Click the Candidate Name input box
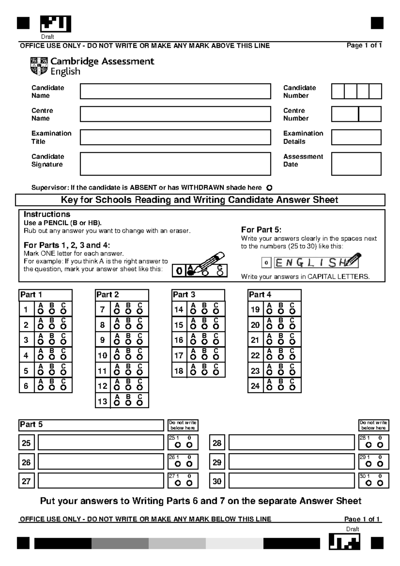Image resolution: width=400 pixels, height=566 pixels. coord(175,91)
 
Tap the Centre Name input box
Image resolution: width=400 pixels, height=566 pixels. coord(175,114)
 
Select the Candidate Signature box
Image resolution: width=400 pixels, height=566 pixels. coord(175,164)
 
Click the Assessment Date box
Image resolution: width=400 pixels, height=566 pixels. coord(356,164)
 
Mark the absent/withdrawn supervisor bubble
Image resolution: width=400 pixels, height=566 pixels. coord(269,188)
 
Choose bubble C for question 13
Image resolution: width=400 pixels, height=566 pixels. coord(140,403)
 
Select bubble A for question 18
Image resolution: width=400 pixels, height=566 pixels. coord(193,372)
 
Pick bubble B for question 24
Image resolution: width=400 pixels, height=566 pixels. coord(281,388)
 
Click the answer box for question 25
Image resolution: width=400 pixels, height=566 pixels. coord(101,443)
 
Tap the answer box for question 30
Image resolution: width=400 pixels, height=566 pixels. coord(291,481)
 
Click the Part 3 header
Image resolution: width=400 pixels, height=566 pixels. coord(198,295)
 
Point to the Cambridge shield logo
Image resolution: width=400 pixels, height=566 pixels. coord(39,66)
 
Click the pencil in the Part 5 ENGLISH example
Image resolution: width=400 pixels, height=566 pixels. coord(353,260)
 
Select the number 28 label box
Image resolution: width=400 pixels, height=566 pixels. coord(217,443)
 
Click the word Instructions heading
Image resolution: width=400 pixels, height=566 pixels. coord(47,214)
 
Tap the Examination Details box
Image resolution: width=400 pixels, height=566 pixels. coord(356,137)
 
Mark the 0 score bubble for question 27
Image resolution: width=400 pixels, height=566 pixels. coord(189,483)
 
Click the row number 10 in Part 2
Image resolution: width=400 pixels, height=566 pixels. coord(102,355)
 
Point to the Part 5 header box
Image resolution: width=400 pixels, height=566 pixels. coord(91,425)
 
